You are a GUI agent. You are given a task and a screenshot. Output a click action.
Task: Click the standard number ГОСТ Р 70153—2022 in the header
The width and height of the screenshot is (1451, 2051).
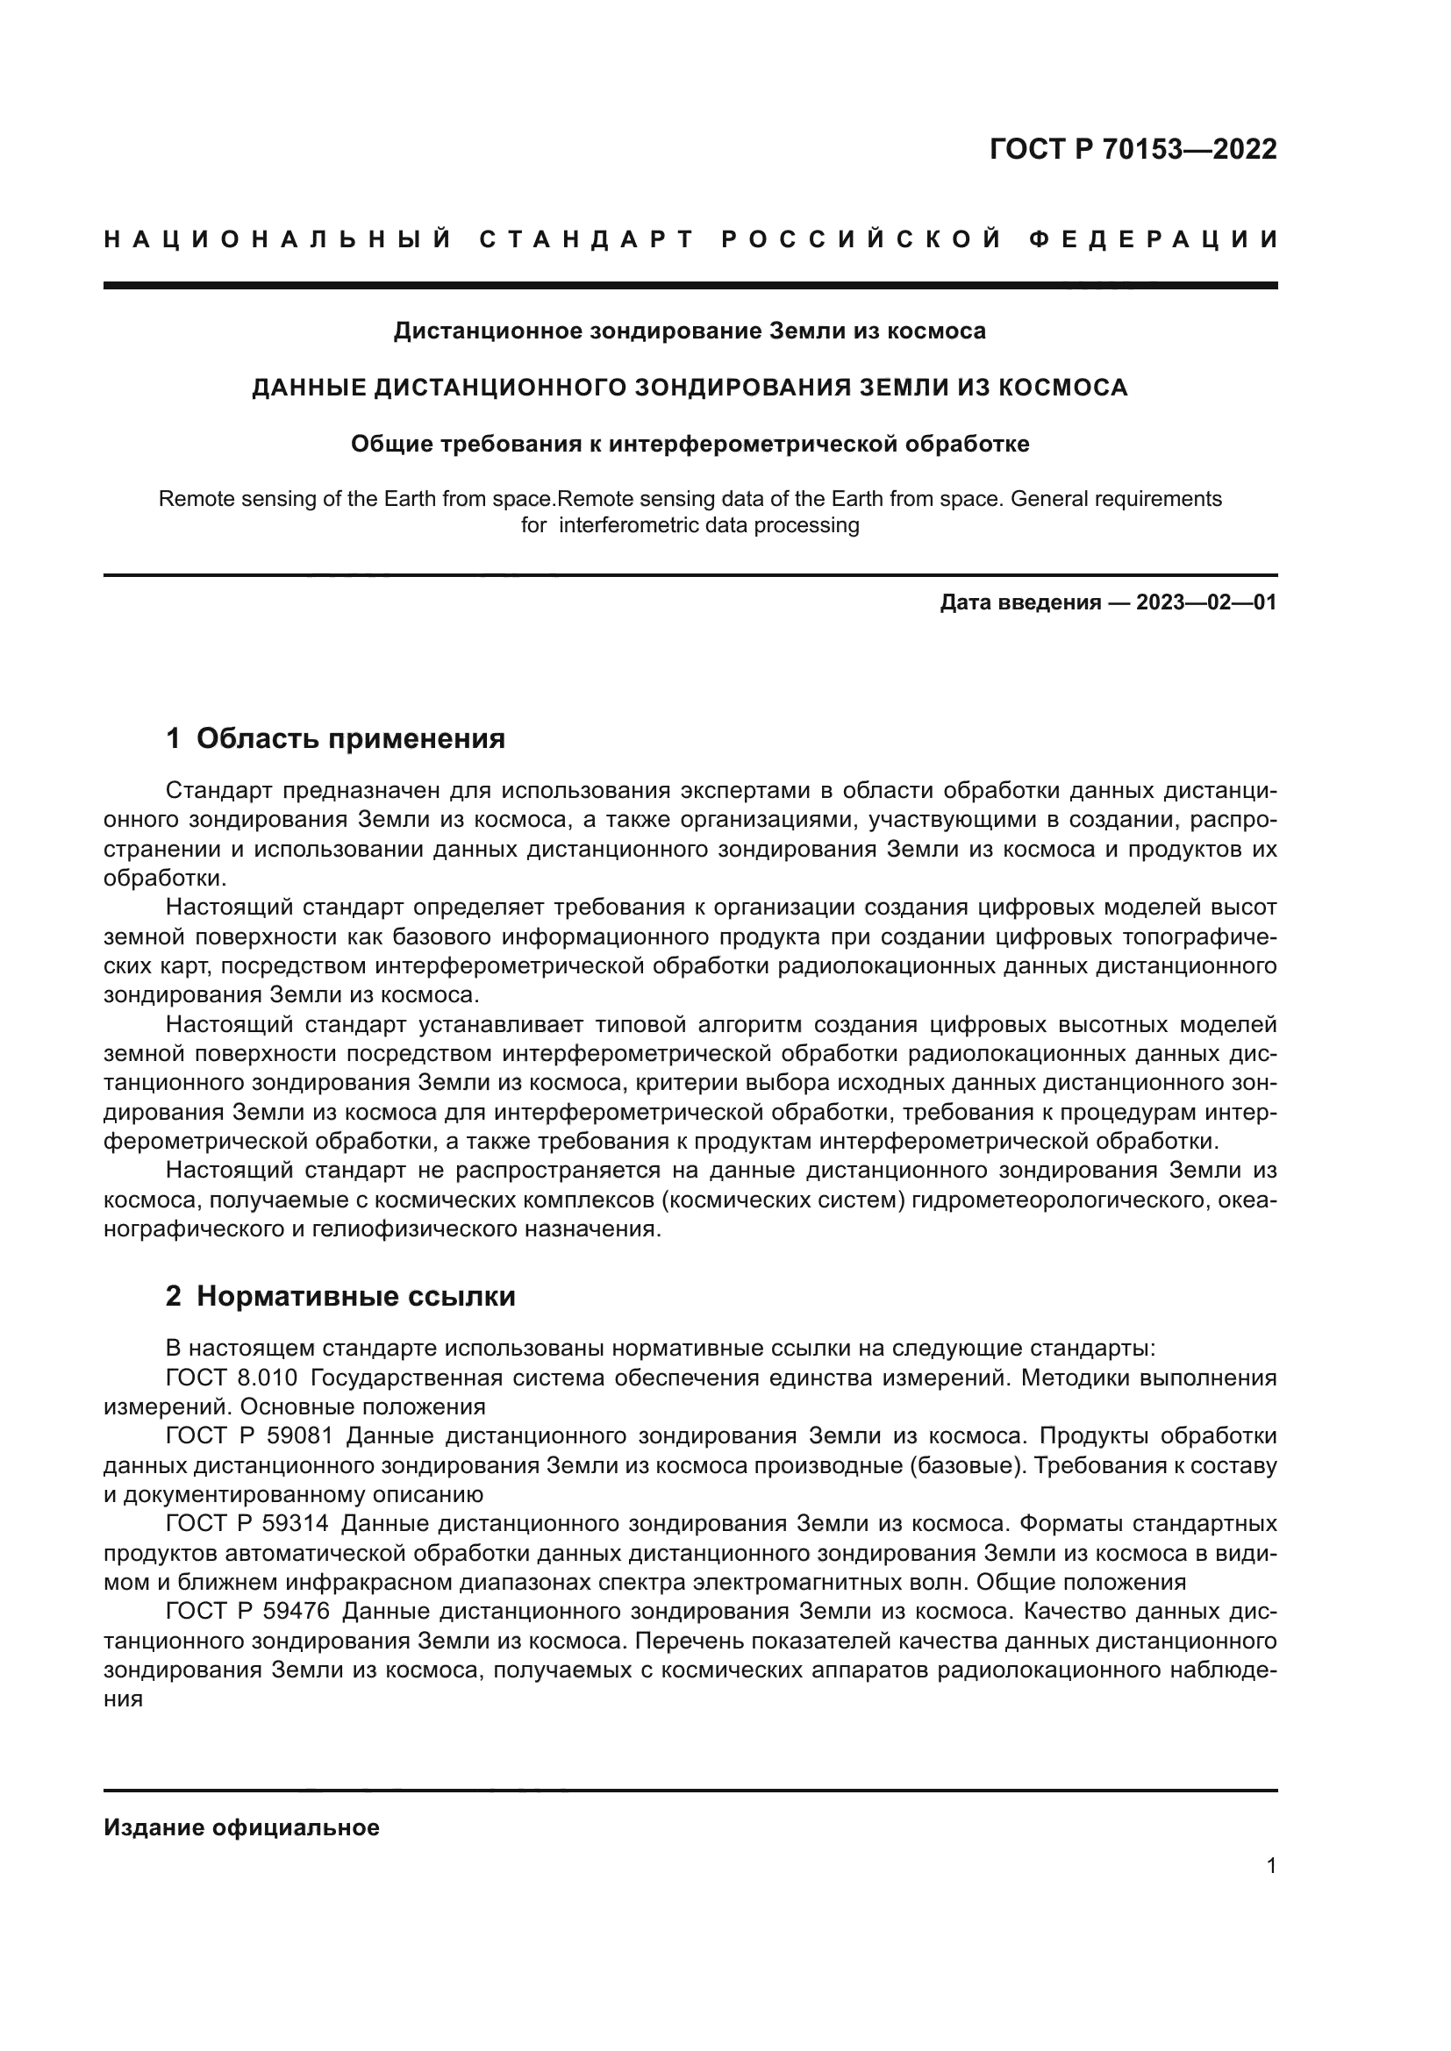point(1133,149)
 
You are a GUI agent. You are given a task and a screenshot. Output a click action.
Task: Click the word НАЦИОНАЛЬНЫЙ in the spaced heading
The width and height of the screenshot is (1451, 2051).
point(278,239)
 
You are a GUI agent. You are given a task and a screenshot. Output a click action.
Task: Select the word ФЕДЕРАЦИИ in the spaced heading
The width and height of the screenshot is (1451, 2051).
point(1154,239)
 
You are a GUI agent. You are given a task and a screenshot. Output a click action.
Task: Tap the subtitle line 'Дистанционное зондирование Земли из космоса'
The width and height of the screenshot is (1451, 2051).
point(690,331)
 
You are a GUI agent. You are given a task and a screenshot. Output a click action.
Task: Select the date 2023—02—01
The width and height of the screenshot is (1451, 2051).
point(1206,602)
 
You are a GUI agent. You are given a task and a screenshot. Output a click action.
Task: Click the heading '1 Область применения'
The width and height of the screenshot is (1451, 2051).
point(335,737)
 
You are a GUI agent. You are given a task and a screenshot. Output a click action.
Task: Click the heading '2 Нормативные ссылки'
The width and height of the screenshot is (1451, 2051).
point(340,1295)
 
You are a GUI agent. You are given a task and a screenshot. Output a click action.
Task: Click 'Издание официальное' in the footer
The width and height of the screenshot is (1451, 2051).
point(241,1827)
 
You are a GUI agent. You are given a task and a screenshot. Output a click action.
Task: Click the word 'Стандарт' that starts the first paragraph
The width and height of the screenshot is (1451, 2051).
point(219,791)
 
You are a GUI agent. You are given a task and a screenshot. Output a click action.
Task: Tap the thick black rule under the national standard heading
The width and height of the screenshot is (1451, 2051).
point(690,286)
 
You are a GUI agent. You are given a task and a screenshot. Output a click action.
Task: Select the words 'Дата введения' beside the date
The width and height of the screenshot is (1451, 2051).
point(1019,602)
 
